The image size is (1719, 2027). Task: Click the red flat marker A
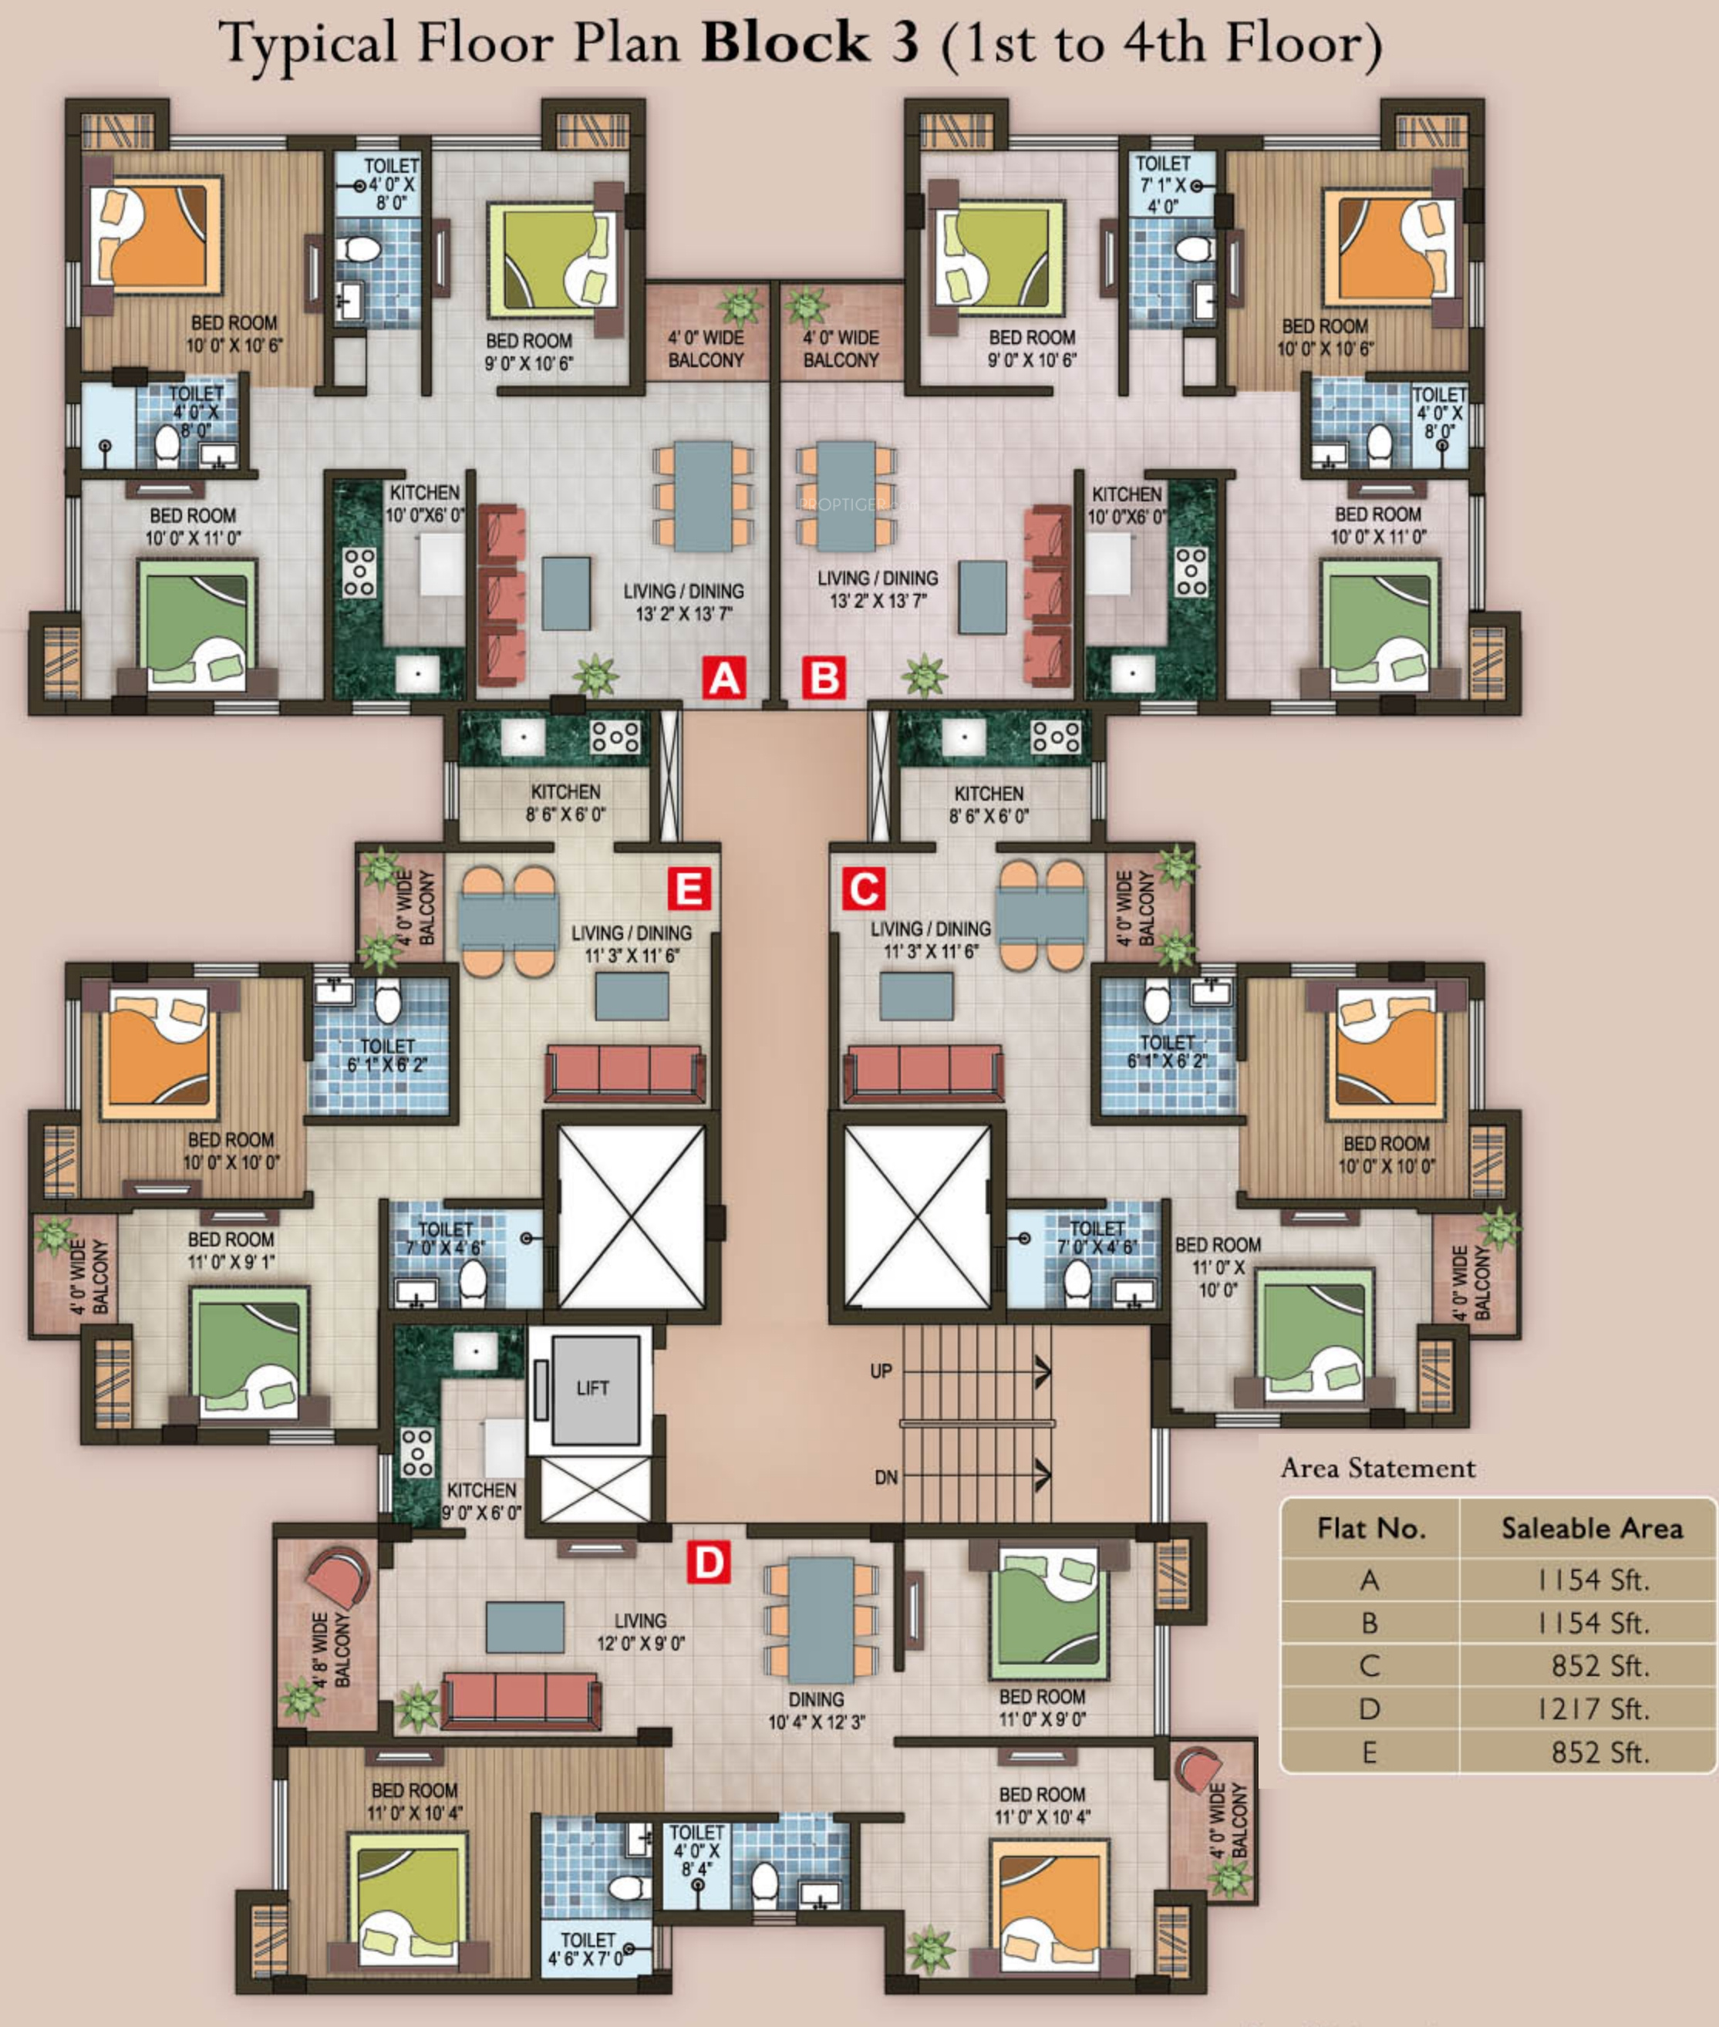point(724,677)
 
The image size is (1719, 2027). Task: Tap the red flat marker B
point(824,677)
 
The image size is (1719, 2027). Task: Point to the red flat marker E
point(689,889)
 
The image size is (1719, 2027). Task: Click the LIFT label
point(592,1388)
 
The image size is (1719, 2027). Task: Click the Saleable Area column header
point(1591,1528)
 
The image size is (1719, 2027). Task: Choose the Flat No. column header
point(1371,1528)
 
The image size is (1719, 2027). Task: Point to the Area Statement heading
point(1378,1468)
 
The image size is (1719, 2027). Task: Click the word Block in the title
point(784,43)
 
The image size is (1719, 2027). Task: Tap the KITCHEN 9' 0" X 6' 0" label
point(481,1502)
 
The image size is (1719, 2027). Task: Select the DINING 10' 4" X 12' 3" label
point(817,1710)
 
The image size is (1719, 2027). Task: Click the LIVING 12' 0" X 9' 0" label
point(640,1632)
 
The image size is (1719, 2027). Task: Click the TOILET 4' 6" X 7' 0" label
point(587,1949)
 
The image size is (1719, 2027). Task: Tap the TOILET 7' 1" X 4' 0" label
point(1164,184)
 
